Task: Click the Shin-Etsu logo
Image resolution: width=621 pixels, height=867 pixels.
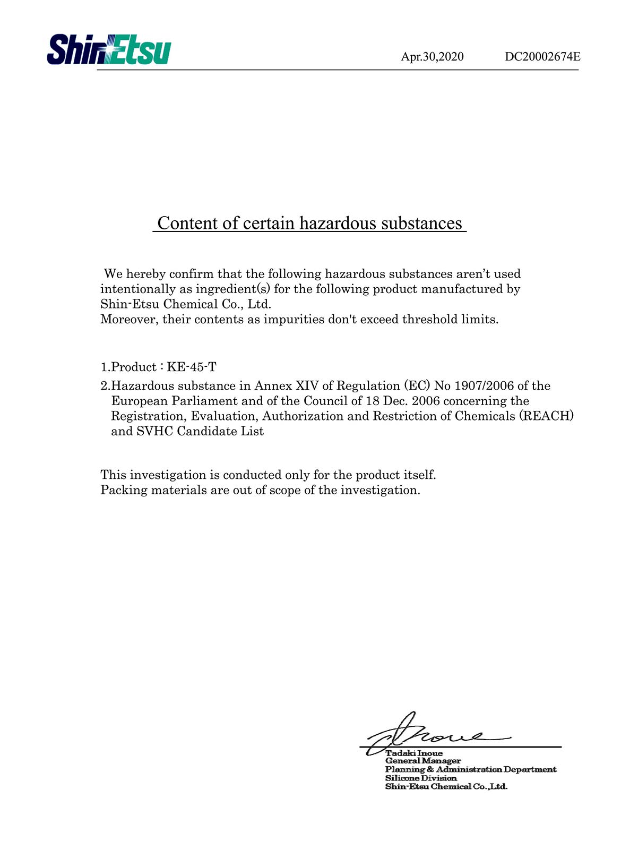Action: pos(109,50)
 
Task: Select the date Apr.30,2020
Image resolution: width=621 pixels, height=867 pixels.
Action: pos(432,57)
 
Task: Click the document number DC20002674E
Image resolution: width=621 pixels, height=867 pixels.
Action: pos(542,57)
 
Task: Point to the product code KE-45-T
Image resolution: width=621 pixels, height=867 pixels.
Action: pos(192,367)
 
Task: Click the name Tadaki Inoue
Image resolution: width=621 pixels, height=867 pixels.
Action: pos(413,753)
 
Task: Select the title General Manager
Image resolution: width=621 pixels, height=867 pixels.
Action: pos(422,761)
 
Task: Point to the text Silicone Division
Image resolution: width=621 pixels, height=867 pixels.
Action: pos(420,778)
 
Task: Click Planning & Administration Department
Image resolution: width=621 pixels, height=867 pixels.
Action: pos(470,770)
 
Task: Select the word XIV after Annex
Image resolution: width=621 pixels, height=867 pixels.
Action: pos(307,386)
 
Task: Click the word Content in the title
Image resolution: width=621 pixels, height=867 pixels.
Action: pos(187,224)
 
